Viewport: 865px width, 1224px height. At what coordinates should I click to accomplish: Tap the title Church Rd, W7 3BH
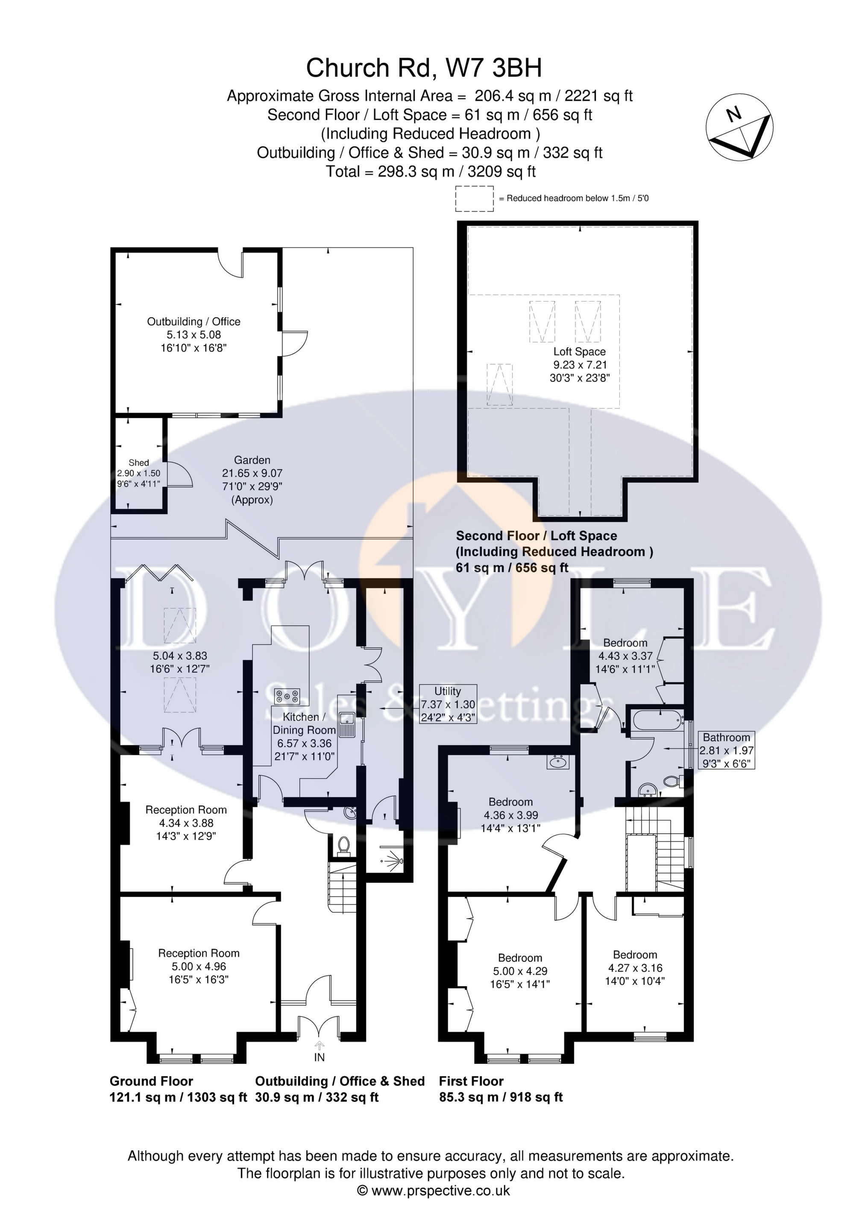point(424,68)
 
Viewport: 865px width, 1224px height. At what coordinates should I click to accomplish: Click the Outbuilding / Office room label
point(194,335)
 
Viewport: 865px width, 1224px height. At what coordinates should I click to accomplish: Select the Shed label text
point(139,463)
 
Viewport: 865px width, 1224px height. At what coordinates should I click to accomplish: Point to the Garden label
point(252,480)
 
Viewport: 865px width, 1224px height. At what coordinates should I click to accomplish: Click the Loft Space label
point(580,365)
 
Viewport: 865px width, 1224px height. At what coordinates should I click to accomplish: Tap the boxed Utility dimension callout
point(447,704)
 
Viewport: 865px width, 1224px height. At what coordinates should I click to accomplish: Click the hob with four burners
point(287,697)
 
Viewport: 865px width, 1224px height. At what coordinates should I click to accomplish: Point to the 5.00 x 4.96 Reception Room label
point(199,966)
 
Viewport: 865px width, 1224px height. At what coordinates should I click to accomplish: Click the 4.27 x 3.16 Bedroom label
point(635,968)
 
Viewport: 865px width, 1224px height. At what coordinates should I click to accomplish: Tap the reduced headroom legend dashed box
point(475,198)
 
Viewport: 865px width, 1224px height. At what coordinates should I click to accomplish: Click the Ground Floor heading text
point(152,1081)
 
